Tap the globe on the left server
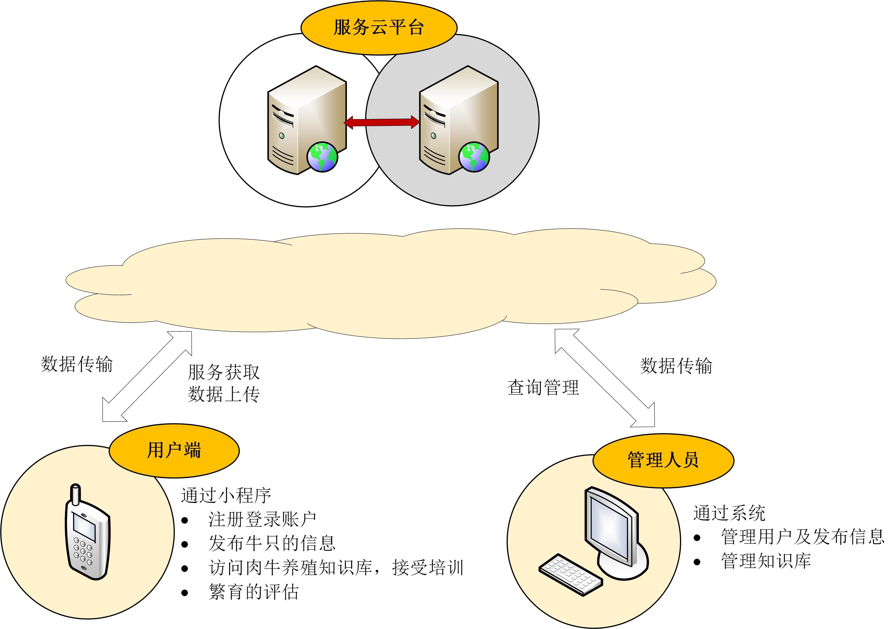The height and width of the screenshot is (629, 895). [x=322, y=157]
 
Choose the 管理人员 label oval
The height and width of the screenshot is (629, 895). [x=663, y=460]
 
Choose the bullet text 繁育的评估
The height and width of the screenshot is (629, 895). [x=253, y=592]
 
